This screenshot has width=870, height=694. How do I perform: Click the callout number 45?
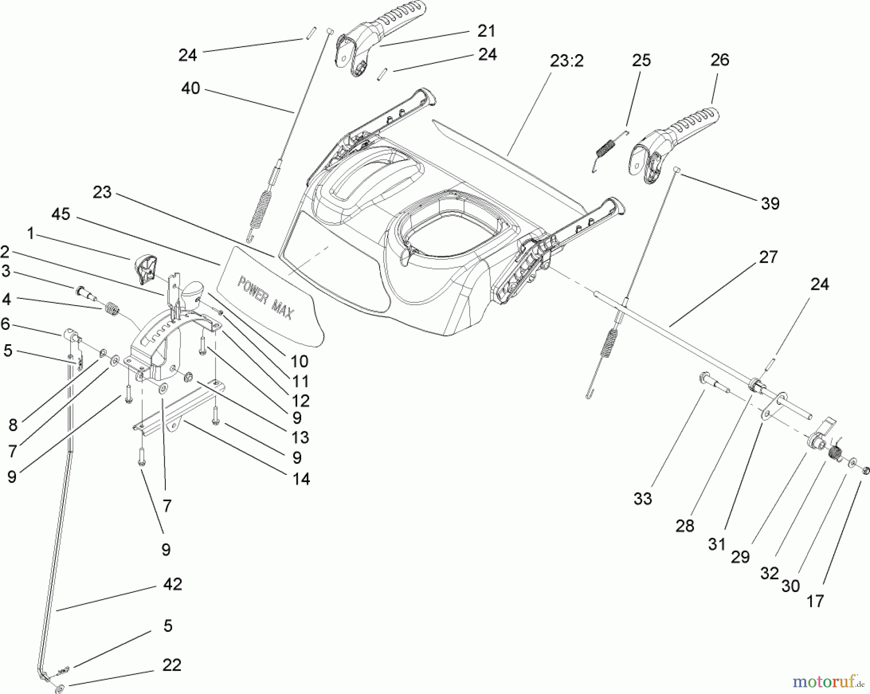pos(60,214)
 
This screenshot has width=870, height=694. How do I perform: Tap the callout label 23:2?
pos(567,61)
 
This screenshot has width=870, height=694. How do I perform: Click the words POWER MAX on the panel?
pos(265,298)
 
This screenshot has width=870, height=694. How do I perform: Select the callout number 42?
pos(173,584)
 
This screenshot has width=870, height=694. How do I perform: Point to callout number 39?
pos(770,203)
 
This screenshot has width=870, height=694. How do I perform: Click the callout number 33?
pos(643,498)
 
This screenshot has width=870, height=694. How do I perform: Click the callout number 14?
pos(301,479)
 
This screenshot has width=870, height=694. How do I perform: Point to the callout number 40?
pos(190,89)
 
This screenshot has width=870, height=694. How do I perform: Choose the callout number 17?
pos(815,601)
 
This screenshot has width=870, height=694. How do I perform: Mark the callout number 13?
pos(300,437)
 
